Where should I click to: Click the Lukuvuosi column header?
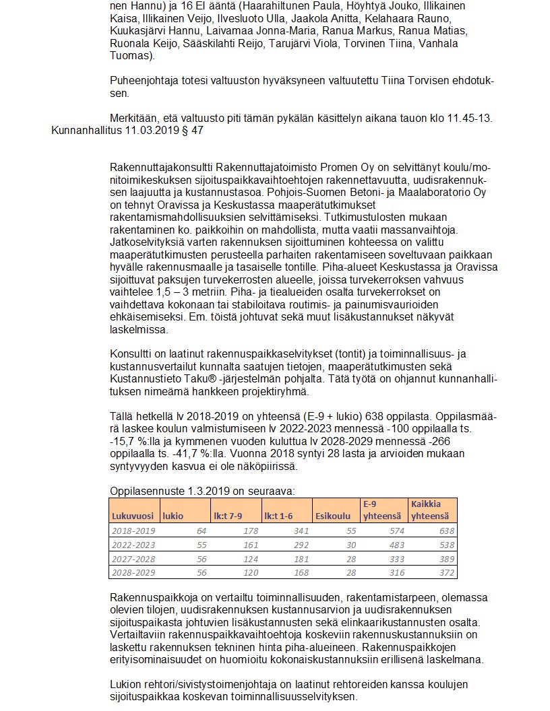point(133,516)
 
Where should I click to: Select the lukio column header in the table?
point(172,516)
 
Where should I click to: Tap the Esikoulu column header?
point(333,516)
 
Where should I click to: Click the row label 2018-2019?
point(133,531)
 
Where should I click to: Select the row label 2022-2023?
point(133,545)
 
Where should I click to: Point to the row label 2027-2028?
point(133,559)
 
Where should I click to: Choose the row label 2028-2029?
point(133,572)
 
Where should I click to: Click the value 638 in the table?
point(447,531)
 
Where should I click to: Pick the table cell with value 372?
point(447,572)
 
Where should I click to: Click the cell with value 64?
point(202,531)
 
